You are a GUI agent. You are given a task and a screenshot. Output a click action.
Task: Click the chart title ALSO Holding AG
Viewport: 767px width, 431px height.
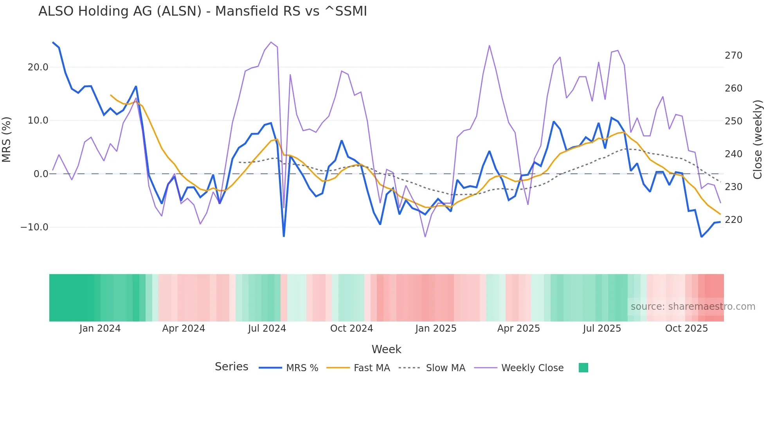(202, 11)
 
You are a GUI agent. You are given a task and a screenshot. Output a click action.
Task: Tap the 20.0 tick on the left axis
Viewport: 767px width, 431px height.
(38, 67)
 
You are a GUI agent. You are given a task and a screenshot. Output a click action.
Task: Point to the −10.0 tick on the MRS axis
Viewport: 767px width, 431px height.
(34, 227)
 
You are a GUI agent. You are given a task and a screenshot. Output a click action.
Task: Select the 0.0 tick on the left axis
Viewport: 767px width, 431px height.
(41, 174)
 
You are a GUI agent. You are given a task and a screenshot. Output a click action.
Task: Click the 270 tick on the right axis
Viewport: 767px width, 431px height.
(733, 56)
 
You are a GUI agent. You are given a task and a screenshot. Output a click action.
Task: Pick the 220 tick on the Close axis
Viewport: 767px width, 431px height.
(733, 220)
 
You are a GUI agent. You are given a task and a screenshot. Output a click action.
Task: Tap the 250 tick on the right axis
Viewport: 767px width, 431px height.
(733, 121)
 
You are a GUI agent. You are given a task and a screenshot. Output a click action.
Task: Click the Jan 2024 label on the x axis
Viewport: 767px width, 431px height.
(100, 329)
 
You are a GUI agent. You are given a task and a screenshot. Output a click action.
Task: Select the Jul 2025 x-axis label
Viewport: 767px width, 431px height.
(602, 329)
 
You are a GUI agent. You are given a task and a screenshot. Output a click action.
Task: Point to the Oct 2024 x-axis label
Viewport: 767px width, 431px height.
(351, 329)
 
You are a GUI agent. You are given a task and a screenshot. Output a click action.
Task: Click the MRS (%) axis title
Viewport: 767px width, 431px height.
(7, 140)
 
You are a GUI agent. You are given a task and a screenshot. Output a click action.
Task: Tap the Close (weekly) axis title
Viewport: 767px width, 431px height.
(758, 140)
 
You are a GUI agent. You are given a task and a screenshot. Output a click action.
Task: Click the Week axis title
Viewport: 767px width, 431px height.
(386, 349)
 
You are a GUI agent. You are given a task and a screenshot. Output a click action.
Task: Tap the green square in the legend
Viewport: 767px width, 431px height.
(583, 368)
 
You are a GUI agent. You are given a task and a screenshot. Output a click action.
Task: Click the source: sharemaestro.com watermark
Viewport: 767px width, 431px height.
(693, 307)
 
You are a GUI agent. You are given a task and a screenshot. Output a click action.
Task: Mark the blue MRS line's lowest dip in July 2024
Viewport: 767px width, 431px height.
(284, 236)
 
